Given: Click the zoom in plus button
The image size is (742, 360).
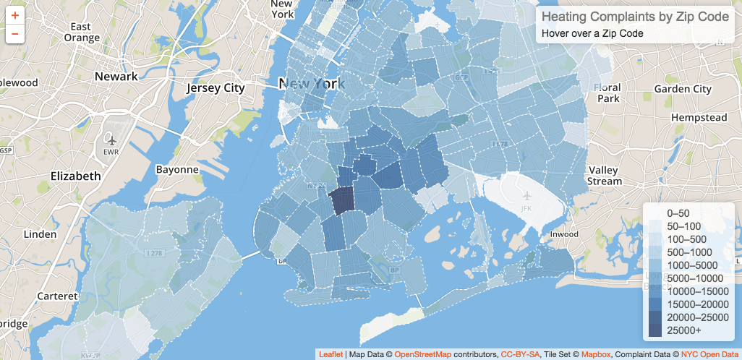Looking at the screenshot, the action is pyautogui.click(x=15, y=14).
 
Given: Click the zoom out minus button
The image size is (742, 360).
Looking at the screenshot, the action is pyautogui.click(x=15, y=33).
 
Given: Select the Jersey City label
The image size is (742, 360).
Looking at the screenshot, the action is pyautogui.click(x=216, y=88).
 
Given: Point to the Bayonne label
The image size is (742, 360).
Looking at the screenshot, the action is pyautogui.click(x=177, y=170).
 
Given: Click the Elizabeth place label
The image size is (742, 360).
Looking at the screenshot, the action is pyautogui.click(x=75, y=176).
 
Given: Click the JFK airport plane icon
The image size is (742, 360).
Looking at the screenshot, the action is pyautogui.click(x=526, y=195).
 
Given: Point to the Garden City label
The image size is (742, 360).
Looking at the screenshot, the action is pyautogui.click(x=683, y=89).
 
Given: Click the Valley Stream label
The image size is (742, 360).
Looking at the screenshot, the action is pyautogui.click(x=604, y=176).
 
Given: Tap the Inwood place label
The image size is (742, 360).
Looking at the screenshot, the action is pyautogui.click(x=564, y=234).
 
